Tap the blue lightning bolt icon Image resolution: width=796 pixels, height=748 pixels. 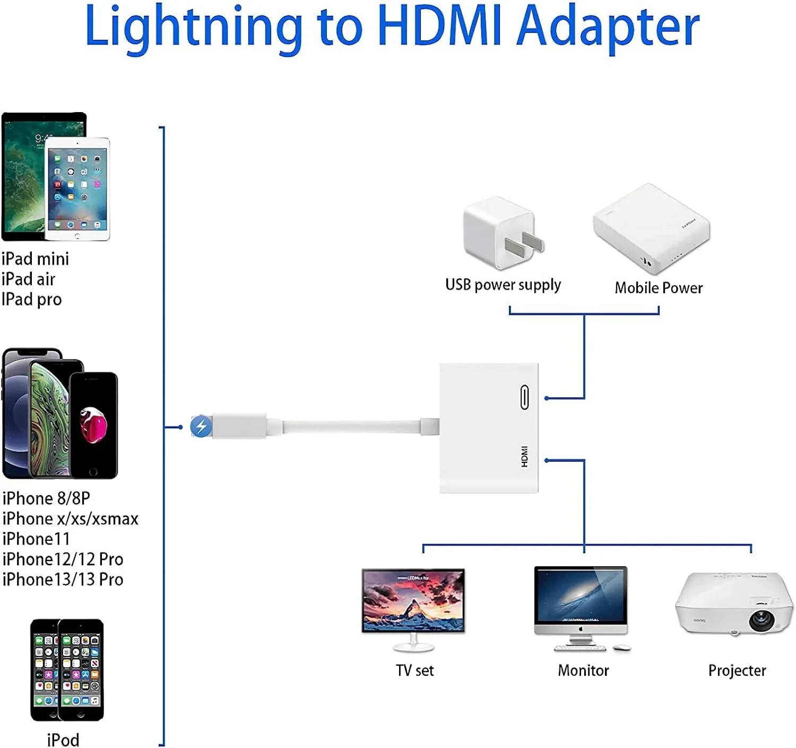(x=201, y=426)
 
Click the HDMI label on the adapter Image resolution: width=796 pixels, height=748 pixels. (x=524, y=456)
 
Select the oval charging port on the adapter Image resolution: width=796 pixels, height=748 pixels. (x=524, y=397)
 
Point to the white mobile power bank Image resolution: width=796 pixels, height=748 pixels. (x=651, y=228)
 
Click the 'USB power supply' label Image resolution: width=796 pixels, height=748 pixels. (x=503, y=285)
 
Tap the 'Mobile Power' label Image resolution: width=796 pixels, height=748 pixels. (x=658, y=288)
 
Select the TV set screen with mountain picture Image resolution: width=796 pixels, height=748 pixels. (x=413, y=600)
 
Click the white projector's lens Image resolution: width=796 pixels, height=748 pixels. (x=762, y=619)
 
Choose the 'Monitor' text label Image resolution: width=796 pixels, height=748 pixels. (x=583, y=670)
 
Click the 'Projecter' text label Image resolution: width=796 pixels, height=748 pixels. (x=737, y=670)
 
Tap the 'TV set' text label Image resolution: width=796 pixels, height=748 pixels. (x=414, y=670)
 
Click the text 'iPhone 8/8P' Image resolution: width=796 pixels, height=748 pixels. (x=46, y=498)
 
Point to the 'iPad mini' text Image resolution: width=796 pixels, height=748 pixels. (x=35, y=259)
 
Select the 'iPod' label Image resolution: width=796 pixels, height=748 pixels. (x=63, y=739)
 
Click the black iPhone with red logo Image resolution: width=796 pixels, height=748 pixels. (x=93, y=425)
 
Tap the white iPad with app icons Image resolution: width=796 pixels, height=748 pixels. (x=77, y=189)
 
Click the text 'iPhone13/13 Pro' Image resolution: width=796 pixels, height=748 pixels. (x=63, y=579)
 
